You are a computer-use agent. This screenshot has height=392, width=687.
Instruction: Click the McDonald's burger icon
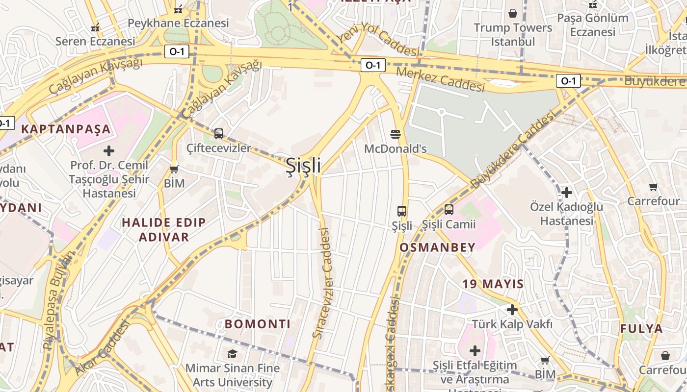396,134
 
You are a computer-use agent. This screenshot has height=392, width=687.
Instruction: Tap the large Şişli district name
304,166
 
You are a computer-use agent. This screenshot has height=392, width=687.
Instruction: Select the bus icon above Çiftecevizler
219,133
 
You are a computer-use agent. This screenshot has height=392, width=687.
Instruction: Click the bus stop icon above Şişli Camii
449,210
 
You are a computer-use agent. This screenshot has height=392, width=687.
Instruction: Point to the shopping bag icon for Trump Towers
513,13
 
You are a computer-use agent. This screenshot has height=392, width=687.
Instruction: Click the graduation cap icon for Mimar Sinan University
232,353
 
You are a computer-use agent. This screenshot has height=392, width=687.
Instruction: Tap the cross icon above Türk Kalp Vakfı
512,310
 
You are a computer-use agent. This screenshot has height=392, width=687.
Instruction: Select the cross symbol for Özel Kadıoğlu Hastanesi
567,193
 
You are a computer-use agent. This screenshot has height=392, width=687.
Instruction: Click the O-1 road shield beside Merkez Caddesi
372,65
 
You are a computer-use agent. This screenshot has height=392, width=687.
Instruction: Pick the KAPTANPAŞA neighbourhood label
66,129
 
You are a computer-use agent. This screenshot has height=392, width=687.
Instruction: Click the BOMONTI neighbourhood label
258,324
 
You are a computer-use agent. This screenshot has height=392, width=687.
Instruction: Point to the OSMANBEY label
437,247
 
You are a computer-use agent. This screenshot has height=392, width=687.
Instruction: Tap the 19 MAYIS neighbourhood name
493,284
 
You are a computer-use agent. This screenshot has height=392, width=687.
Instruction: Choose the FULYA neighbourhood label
641,329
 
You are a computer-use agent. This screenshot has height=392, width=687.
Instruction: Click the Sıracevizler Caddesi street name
323,283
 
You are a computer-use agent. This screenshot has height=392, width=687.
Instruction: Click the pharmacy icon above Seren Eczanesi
96,27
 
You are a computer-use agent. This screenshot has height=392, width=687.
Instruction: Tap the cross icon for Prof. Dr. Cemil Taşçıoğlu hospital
109,151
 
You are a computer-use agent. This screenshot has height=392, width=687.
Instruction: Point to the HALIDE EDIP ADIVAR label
164,230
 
